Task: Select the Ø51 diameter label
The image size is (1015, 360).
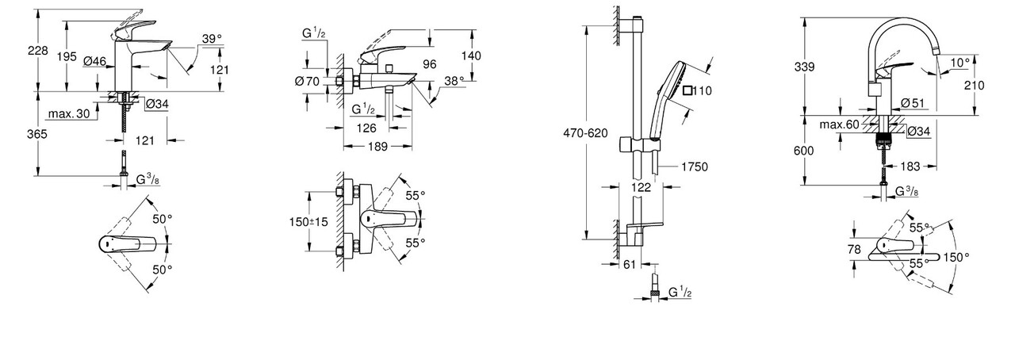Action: pos(913,103)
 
